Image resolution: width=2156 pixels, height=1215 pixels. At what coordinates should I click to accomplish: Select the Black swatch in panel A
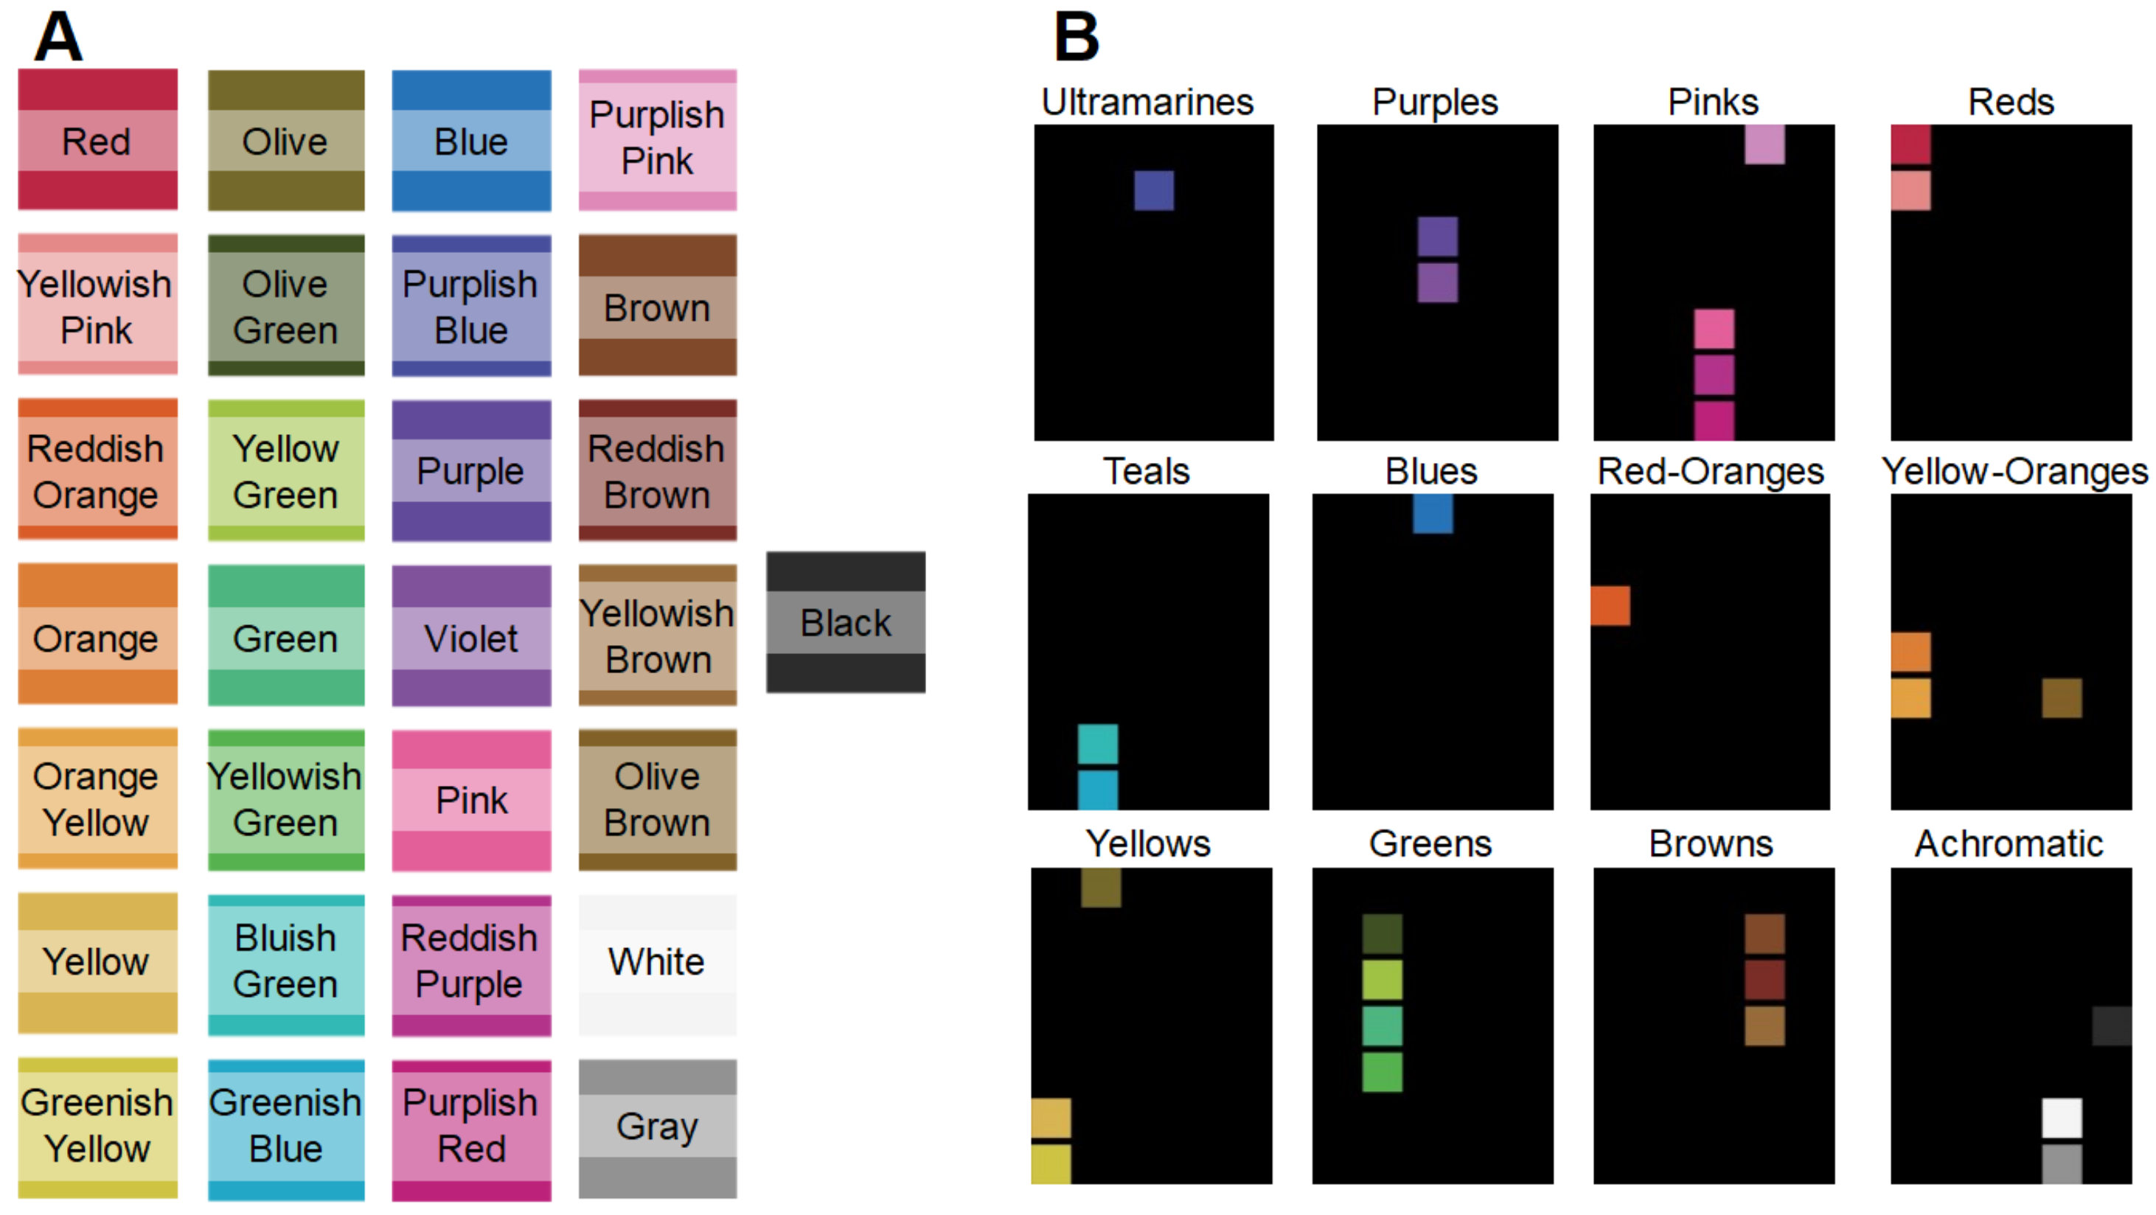[845, 622]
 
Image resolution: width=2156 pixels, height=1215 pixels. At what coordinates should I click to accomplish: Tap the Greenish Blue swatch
[285, 1127]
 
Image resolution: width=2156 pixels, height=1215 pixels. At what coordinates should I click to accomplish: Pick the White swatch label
[657, 962]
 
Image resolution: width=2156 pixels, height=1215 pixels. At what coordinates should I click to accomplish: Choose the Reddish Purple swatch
[471, 962]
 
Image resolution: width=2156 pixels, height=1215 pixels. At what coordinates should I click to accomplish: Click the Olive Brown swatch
[657, 799]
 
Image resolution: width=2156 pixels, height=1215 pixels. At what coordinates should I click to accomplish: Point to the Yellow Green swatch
[285, 471]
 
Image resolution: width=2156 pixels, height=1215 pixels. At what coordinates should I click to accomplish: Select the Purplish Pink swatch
[657, 139]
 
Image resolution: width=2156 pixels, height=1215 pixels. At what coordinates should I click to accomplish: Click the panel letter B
[1077, 37]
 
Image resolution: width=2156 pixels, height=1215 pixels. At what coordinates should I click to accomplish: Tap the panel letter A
[58, 37]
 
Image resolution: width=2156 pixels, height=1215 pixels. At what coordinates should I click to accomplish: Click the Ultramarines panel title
[1147, 102]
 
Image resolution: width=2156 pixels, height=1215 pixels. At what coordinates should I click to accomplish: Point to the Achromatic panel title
[2009, 843]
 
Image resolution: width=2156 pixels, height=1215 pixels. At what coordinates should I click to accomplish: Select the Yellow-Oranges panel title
[2014, 471]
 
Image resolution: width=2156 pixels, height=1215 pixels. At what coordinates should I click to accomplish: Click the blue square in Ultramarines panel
[1153, 191]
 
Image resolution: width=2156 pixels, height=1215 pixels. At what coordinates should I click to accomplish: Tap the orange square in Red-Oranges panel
[1610, 606]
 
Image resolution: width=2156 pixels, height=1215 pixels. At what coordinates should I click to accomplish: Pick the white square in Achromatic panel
[2062, 1118]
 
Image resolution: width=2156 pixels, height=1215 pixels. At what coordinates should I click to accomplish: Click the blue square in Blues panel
[1433, 514]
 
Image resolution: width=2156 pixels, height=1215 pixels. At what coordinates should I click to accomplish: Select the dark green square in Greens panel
[1382, 934]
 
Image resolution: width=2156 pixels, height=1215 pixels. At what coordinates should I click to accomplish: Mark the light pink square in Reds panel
[1910, 191]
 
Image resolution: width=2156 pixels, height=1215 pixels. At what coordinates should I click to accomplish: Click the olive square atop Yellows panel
[1101, 888]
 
